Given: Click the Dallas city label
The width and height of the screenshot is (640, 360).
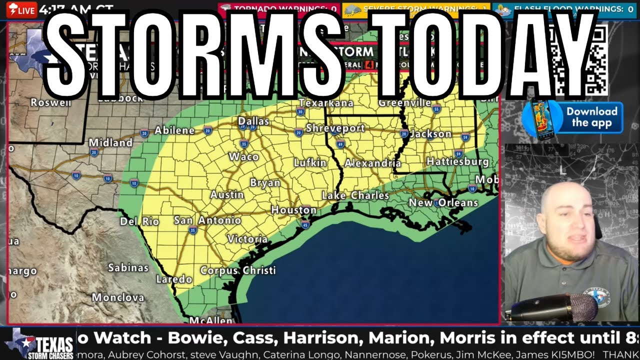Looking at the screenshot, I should click(253, 121).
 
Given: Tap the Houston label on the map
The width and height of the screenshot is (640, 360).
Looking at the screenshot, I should click(293, 210).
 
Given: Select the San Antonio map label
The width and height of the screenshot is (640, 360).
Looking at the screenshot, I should click(207, 220).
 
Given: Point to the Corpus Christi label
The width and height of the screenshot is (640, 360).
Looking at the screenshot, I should click(237, 270).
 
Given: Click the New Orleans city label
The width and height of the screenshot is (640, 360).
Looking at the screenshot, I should click(443, 202).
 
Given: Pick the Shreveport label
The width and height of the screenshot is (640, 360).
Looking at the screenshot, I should click(335, 128).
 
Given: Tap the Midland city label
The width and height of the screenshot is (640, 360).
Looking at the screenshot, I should click(110, 143).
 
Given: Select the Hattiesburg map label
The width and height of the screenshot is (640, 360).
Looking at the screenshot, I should click(457, 161).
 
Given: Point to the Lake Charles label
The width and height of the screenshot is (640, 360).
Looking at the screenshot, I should click(355, 195).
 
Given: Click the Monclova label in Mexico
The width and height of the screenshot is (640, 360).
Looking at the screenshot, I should click(117, 297).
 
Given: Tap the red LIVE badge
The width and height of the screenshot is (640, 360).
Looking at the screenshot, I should click(22, 10).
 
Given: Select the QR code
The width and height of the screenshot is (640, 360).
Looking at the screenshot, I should click(580, 60).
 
